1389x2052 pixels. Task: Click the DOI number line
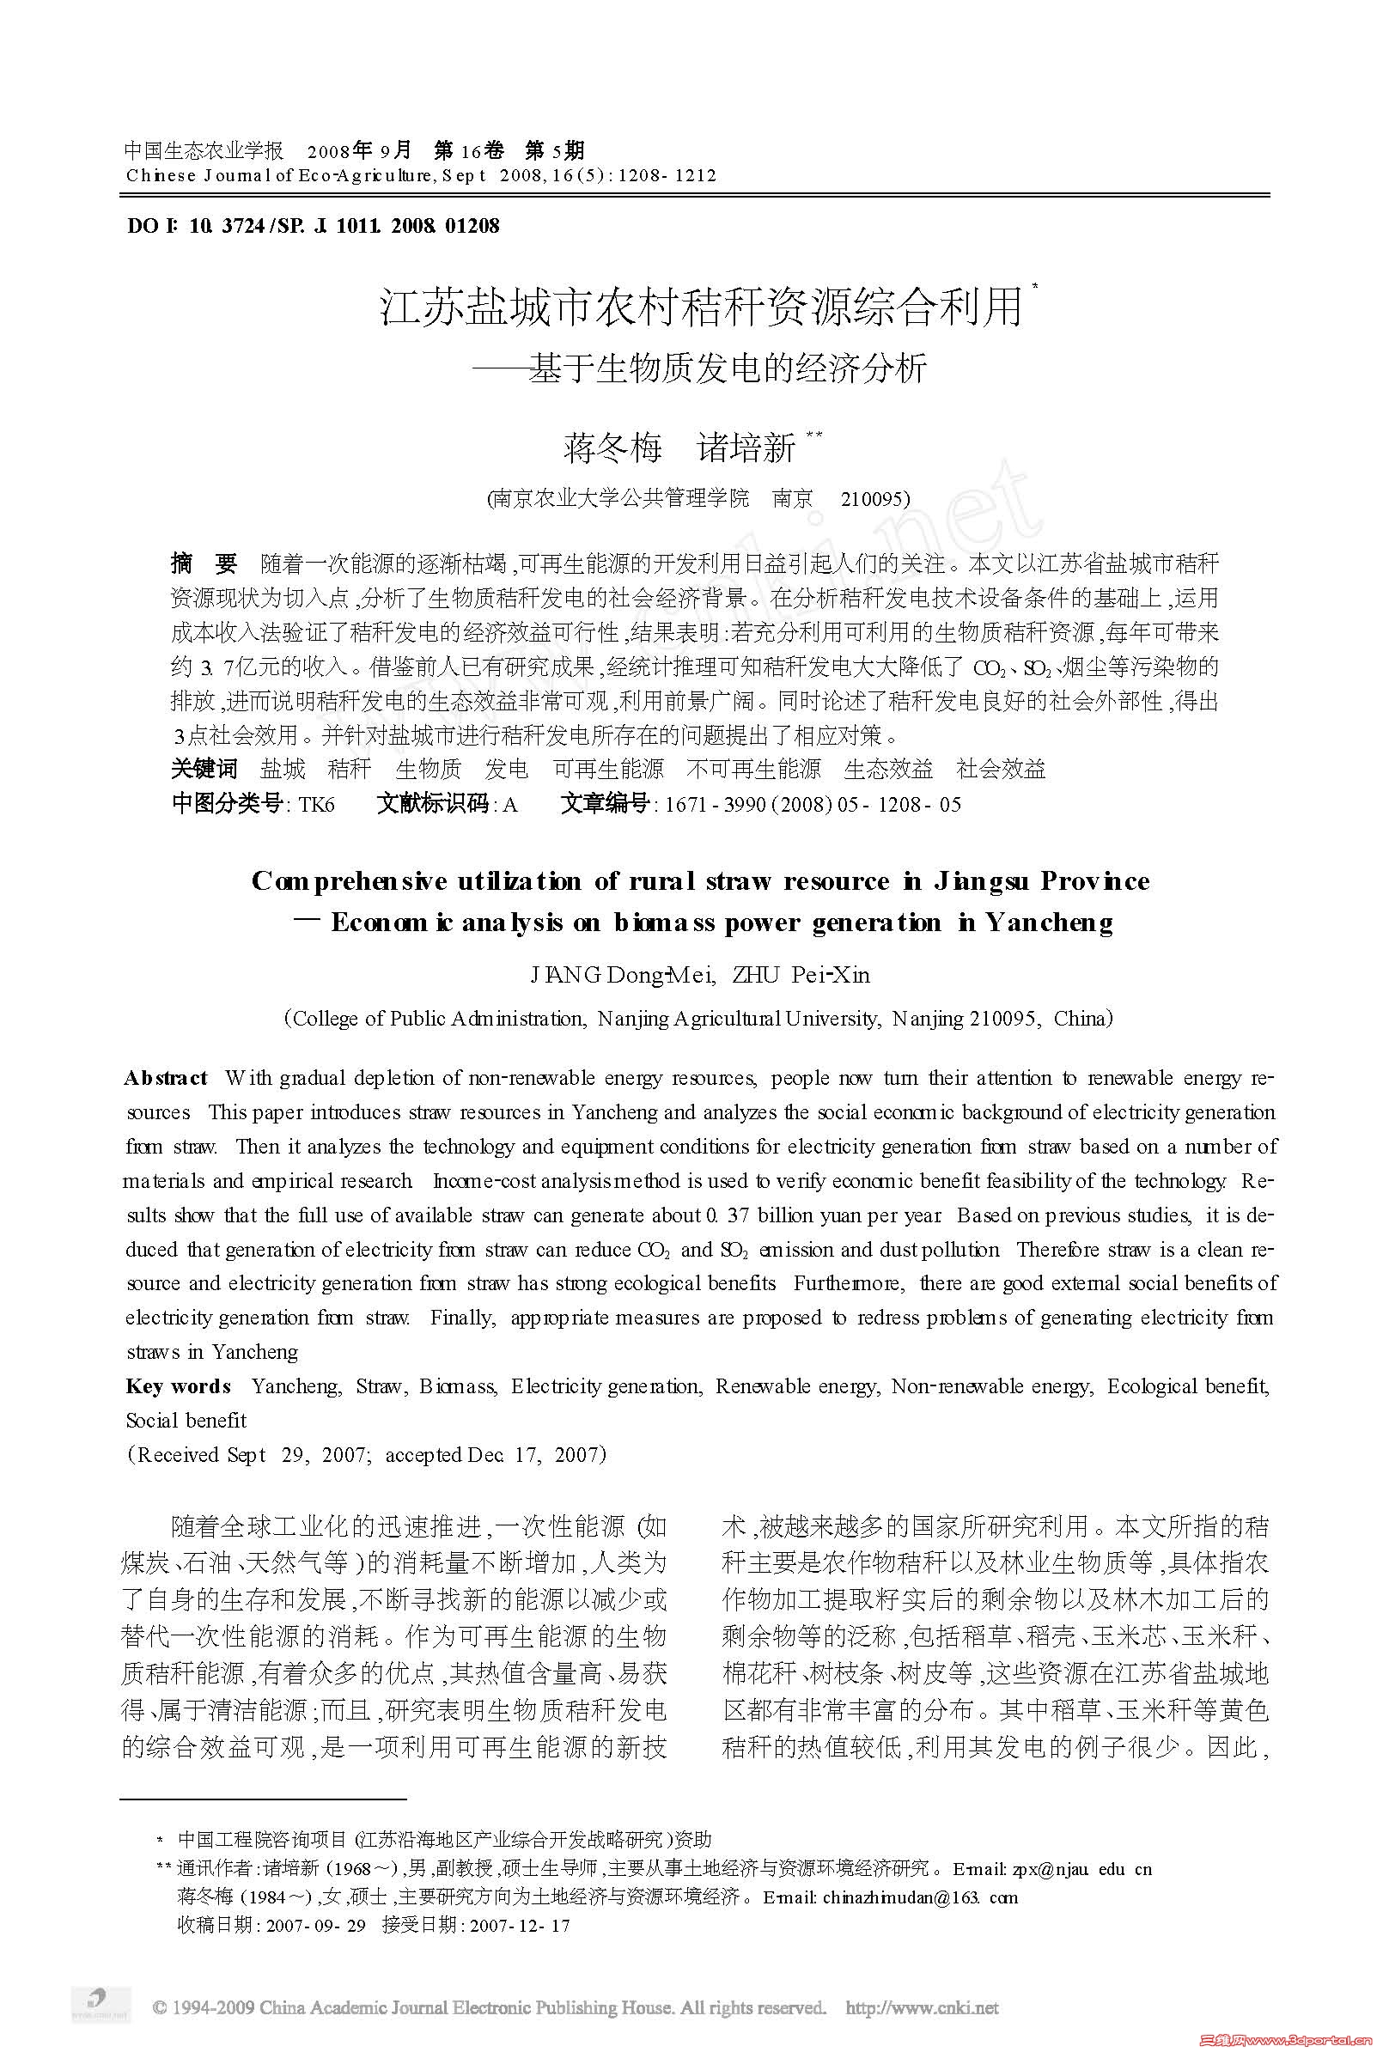(x=314, y=226)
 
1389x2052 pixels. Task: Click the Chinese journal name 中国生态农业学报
(x=203, y=150)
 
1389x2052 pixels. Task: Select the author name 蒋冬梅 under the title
(x=612, y=449)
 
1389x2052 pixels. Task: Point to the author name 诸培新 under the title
(x=746, y=449)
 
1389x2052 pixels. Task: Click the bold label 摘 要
(x=204, y=564)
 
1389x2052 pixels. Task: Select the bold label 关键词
(x=204, y=769)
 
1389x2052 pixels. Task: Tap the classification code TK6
(x=317, y=804)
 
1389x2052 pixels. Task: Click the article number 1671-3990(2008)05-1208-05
(x=813, y=804)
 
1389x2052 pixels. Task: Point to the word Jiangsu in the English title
(x=979, y=881)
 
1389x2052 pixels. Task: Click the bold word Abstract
(x=166, y=1078)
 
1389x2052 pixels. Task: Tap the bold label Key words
(x=179, y=1386)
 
